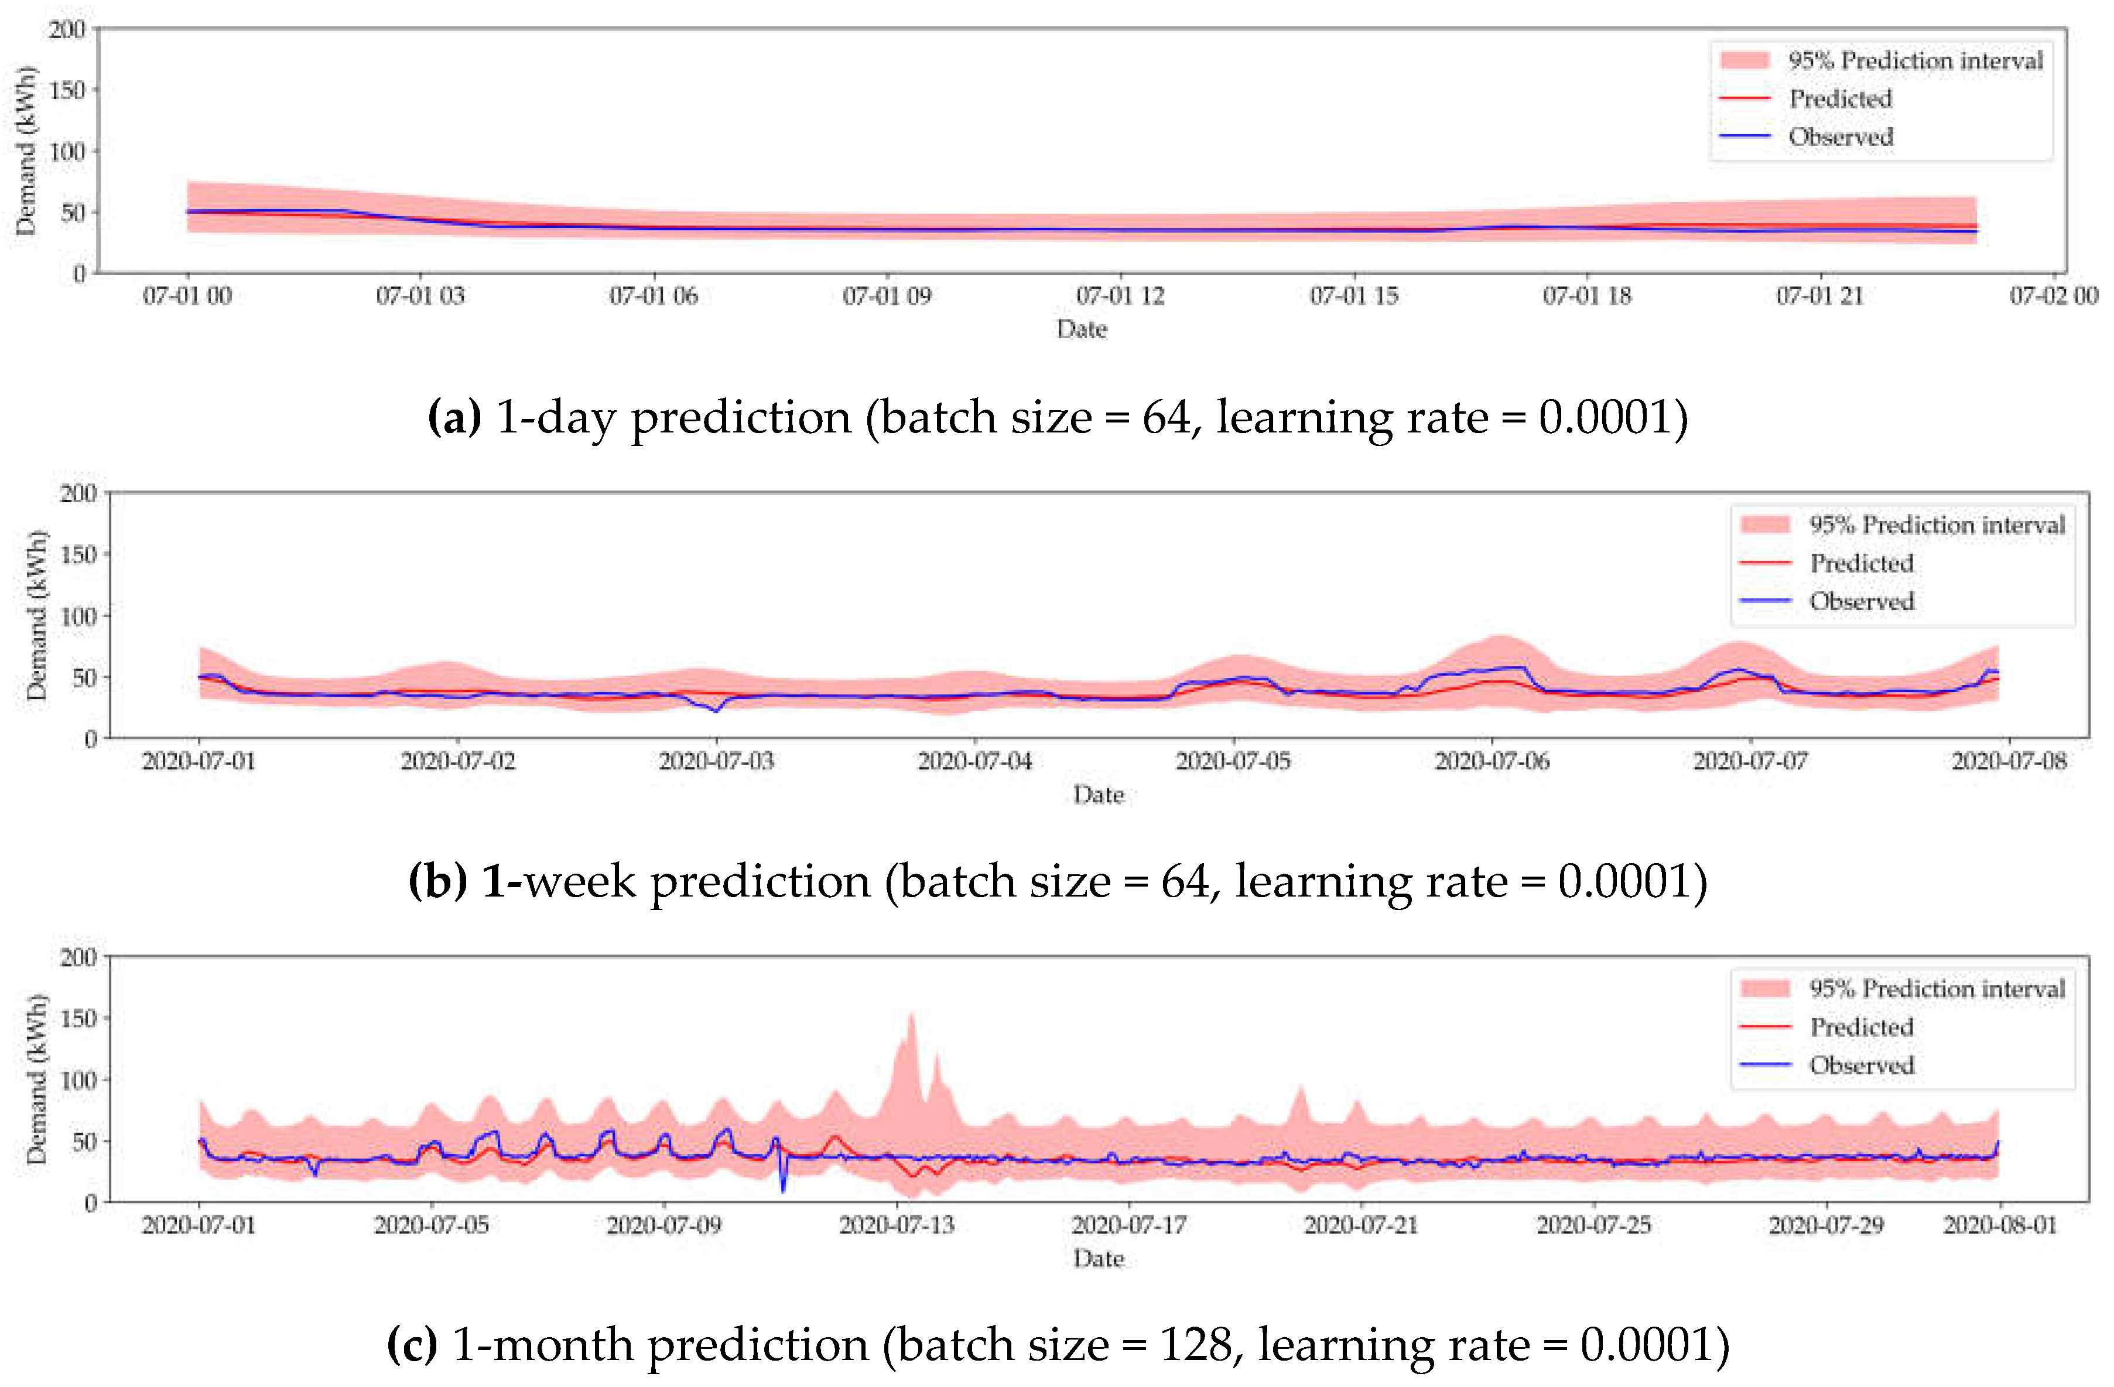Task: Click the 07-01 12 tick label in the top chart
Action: tap(1120, 296)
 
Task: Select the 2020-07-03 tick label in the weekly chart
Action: tap(716, 761)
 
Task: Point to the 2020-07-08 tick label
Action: tap(2009, 761)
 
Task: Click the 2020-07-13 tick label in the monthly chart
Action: tap(896, 1225)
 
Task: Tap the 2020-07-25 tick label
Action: tap(1593, 1225)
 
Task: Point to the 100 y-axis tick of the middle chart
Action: tap(78, 616)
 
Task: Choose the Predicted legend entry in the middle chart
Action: tap(1862, 563)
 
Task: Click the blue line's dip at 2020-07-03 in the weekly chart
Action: tap(716, 711)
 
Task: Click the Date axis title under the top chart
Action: tap(1081, 330)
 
